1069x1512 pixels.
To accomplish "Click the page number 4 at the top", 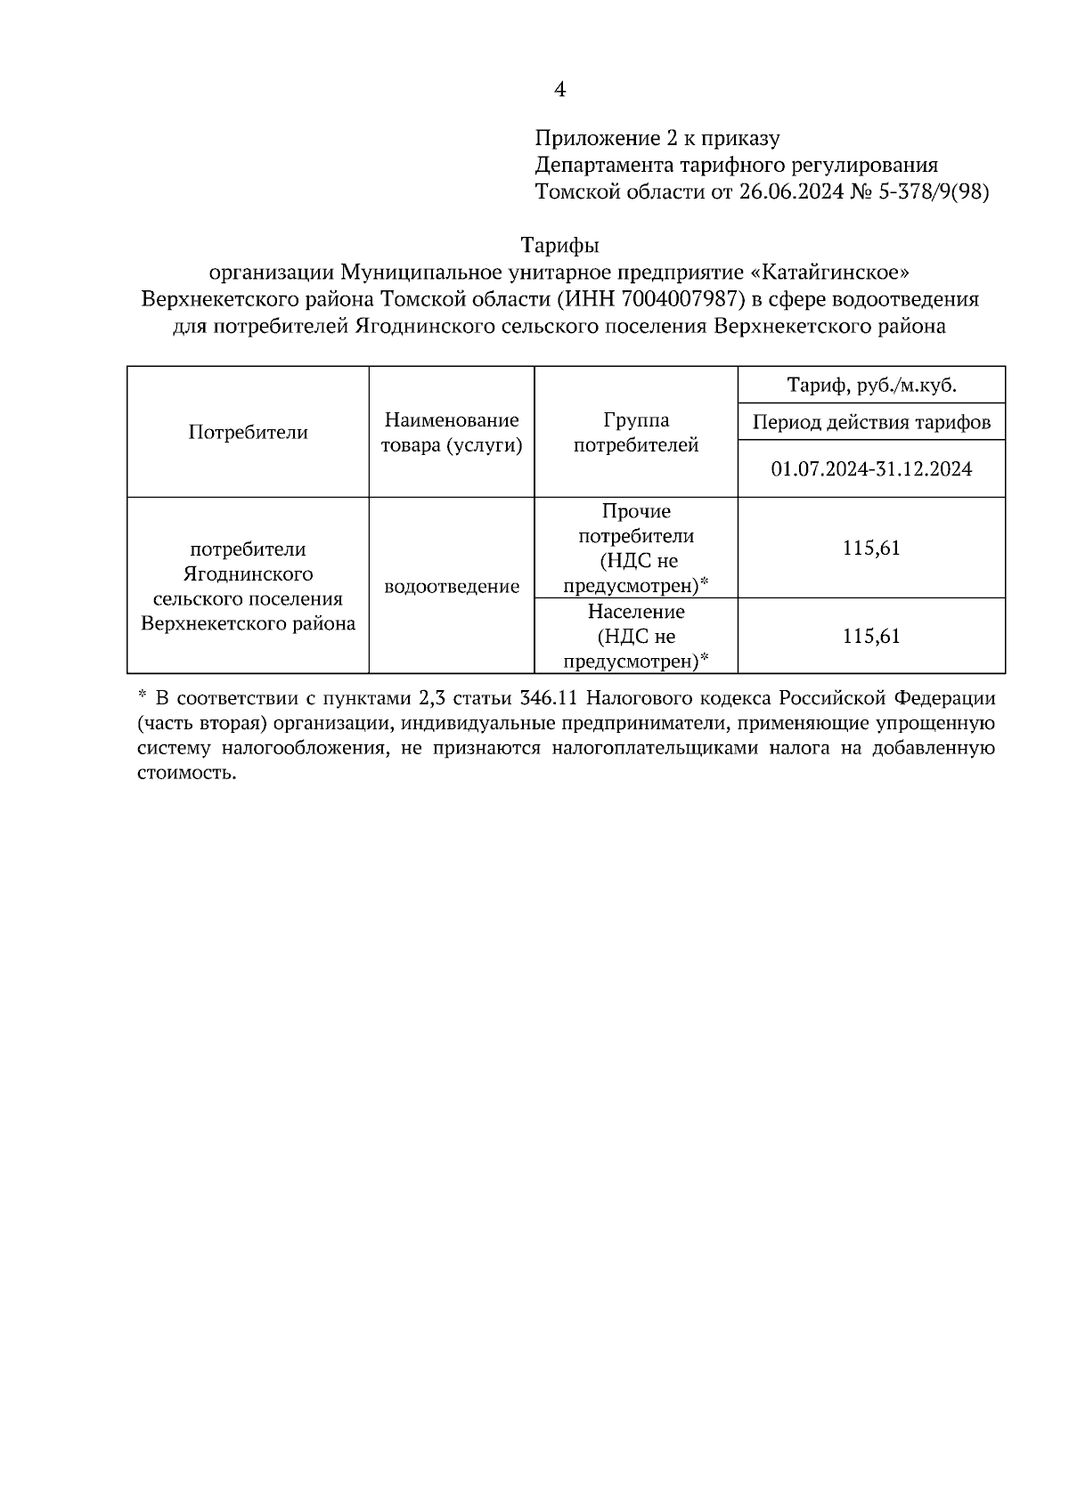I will click(559, 89).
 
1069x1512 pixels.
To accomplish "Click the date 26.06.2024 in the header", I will click(791, 192).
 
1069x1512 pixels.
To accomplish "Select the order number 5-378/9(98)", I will click(931, 192).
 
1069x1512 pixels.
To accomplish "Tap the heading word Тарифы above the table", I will click(559, 245).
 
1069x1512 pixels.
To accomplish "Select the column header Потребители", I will click(248, 433).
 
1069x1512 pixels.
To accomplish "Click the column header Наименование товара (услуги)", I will click(451, 433).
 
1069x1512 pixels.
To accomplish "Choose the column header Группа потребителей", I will click(635, 433).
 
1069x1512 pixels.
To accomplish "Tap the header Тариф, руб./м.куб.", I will click(871, 386).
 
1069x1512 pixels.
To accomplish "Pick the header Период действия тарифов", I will click(871, 422).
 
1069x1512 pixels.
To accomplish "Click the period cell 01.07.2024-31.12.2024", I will click(871, 468).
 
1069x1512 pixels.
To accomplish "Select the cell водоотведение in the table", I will click(451, 587).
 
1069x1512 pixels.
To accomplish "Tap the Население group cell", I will click(635, 637).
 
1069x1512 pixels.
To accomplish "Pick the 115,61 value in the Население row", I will click(871, 637).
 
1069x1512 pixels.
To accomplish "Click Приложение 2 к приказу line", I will click(657, 139).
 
